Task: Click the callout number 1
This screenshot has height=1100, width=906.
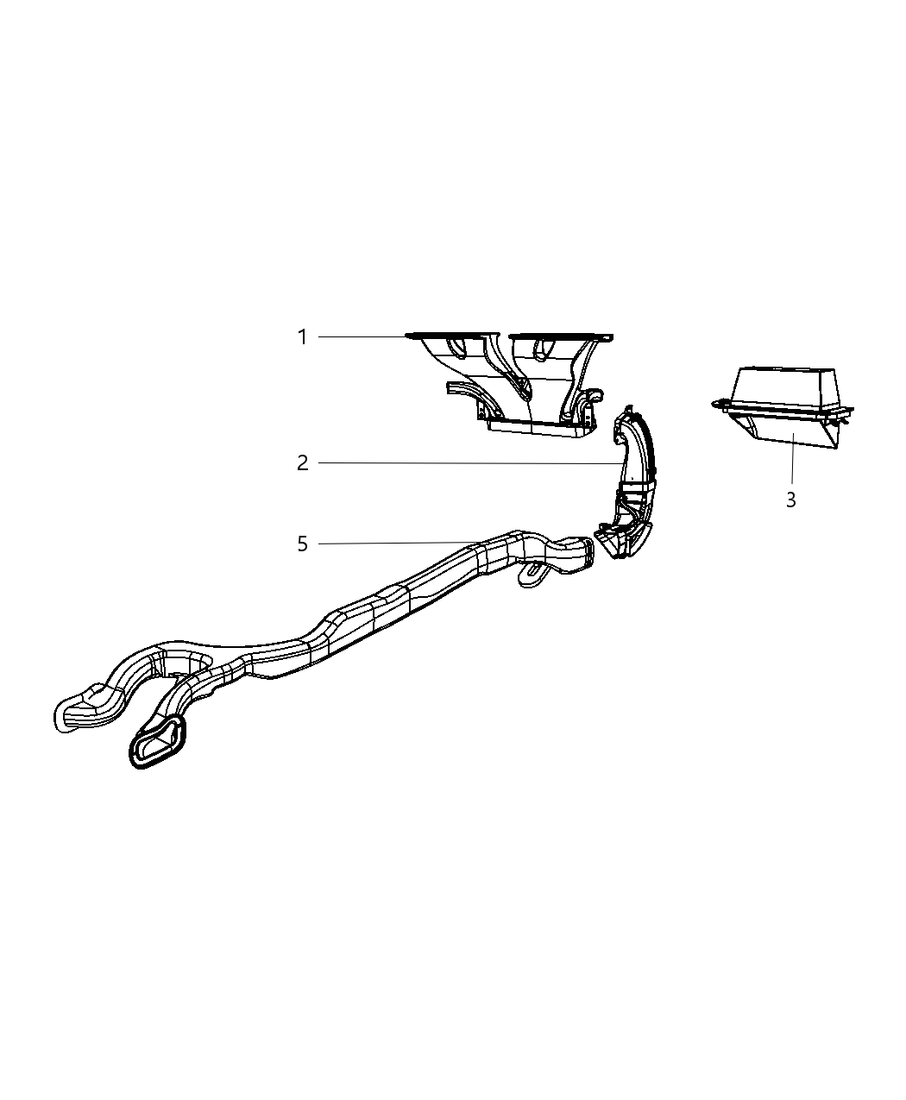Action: click(302, 336)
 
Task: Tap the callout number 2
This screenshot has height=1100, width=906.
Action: click(302, 463)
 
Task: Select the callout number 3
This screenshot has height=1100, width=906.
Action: click(790, 500)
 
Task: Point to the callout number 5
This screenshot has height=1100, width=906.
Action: click(302, 544)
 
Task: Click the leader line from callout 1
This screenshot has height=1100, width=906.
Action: click(362, 336)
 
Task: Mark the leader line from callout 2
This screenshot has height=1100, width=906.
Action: click(466, 463)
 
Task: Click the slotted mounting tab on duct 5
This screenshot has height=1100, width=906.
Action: click(532, 573)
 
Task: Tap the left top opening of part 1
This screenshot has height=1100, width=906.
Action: click(450, 335)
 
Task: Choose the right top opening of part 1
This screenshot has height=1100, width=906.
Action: click(557, 335)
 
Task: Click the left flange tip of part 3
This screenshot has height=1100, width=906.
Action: click(716, 402)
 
